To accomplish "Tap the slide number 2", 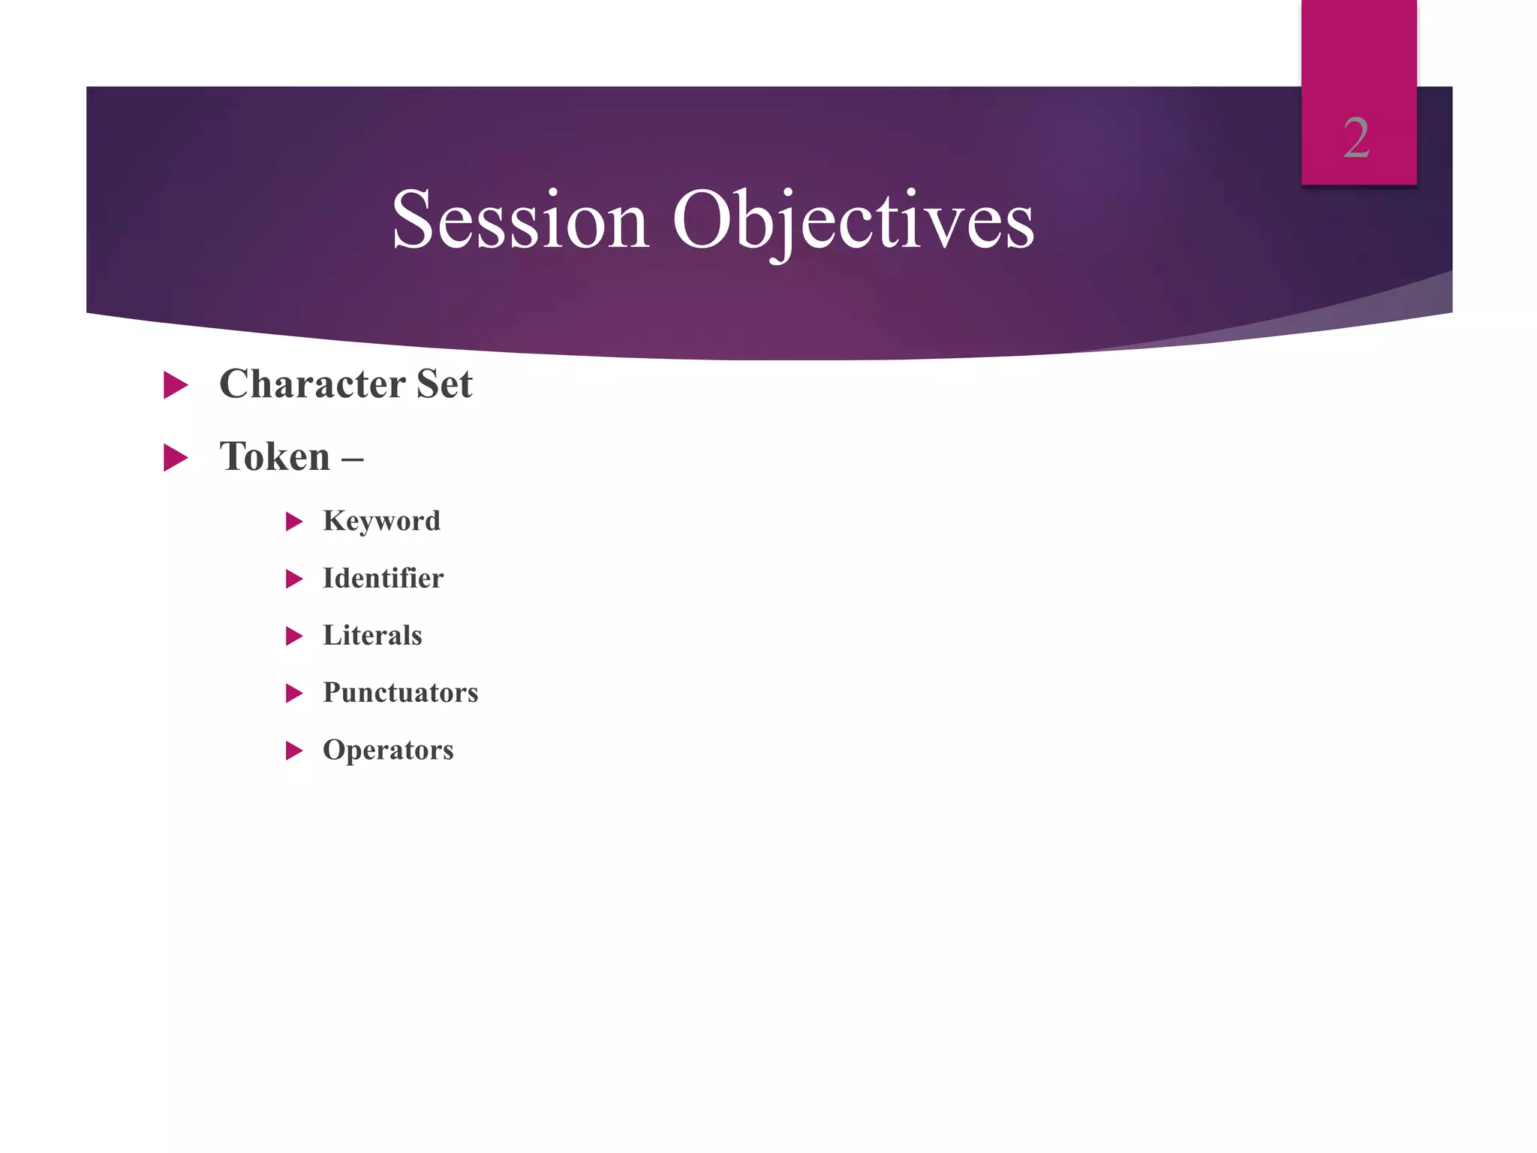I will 1356,139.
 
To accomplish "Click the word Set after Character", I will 444,384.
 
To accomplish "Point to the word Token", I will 275,456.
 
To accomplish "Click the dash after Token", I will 352,458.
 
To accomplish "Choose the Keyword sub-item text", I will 381,521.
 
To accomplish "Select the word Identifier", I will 383,578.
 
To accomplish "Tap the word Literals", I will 372,635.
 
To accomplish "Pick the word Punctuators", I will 400,692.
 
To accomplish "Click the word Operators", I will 388,750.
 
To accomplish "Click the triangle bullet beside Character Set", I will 175,385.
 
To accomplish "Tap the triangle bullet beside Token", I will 175,458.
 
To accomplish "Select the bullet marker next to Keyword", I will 294,522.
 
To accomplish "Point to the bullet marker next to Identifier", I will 294,579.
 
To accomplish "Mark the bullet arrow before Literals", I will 294,637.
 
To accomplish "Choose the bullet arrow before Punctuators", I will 294,693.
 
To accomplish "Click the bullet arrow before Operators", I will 294,751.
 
